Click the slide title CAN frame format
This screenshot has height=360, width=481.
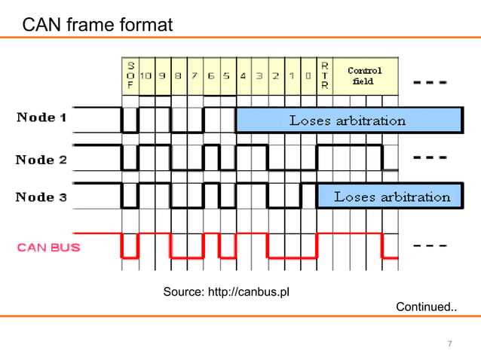click(x=97, y=26)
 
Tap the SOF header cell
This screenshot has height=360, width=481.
click(x=130, y=75)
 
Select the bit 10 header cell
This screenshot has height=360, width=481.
click(x=146, y=75)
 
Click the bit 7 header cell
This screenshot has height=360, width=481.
click(x=195, y=75)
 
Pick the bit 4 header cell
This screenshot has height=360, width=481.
click(x=244, y=75)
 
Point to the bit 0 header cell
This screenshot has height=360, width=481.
click(x=308, y=75)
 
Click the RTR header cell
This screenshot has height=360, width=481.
click(x=324, y=75)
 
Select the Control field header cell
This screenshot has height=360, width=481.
click(x=365, y=75)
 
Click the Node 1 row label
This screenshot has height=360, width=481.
click(x=41, y=117)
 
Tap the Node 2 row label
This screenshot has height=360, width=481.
click(x=41, y=160)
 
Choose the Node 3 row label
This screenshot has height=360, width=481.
click(x=41, y=197)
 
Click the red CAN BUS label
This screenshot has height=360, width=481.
click(x=49, y=246)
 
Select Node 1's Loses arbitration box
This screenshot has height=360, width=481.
click(x=348, y=121)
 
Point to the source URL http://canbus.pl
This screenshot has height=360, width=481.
click(x=226, y=291)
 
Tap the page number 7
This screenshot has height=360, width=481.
click(x=450, y=344)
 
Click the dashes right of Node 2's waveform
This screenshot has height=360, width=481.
click(x=430, y=159)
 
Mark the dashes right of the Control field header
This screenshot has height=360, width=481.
click(x=430, y=81)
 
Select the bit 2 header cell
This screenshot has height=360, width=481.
click(x=276, y=75)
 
